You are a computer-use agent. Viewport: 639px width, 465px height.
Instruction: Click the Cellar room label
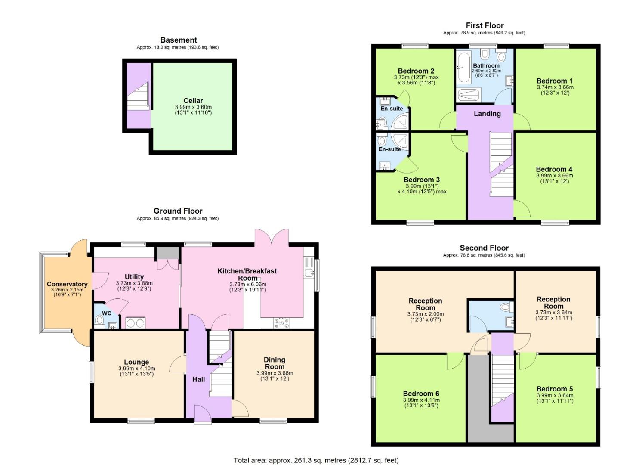pos(193,101)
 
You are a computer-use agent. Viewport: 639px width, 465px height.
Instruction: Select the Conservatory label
pos(67,284)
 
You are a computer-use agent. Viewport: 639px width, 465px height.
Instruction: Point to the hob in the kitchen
pos(281,322)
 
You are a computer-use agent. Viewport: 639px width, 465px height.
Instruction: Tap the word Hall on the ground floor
pos(198,379)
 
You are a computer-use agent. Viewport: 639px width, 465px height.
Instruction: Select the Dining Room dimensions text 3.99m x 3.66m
pos(275,373)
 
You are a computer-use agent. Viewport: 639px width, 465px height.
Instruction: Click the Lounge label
pos(136,362)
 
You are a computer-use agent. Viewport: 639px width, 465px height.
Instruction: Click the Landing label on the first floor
pos(487,114)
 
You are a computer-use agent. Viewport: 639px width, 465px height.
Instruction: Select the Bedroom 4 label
pos(554,169)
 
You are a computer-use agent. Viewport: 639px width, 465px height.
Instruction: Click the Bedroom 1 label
pos(555,81)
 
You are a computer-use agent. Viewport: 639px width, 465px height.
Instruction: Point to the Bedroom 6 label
pos(421,394)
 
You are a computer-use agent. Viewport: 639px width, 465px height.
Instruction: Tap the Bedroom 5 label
pos(554,389)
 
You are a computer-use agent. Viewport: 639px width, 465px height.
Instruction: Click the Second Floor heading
pos(484,248)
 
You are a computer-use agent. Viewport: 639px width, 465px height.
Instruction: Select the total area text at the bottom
pos(316,460)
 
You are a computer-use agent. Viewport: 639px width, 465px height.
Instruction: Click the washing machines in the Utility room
pos(136,322)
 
